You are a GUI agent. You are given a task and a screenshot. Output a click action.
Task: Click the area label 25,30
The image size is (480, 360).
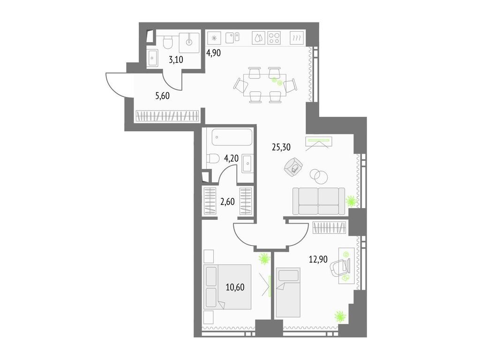pyautogui.click(x=281, y=147)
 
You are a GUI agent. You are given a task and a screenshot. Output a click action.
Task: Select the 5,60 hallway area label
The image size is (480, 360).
pyautogui.click(x=162, y=96)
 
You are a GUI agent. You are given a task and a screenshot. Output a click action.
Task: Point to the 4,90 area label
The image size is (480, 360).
pyautogui.click(x=213, y=52)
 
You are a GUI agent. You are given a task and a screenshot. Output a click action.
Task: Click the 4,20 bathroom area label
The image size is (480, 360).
pyautogui.click(x=232, y=158)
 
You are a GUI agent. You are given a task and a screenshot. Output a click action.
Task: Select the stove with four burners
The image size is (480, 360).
pyautogui.click(x=274, y=38)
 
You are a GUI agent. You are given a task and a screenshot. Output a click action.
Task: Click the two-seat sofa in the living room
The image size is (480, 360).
pyautogui.click(x=318, y=200)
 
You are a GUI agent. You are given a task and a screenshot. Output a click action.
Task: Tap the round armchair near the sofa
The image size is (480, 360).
pyautogui.click(x=294, y=167)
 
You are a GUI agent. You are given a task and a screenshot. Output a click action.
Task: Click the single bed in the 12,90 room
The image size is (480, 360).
pyautogui.click(x=287, y=292)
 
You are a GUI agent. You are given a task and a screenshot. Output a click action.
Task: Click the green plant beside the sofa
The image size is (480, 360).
pyautogui.click(x=351, y=202)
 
